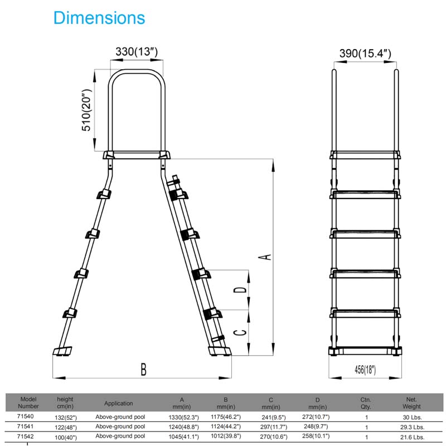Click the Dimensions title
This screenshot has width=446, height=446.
tap(99, 18)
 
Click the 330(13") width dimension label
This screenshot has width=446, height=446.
tap(137, 52)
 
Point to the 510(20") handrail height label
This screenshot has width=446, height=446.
tap(86, 110)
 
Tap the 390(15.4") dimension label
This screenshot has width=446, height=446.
tap(365, 53)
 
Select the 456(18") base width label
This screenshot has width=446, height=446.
tap(365, 370)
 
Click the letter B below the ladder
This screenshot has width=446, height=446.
tap(144, 369)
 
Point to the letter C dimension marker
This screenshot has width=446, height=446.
tap(240, 332)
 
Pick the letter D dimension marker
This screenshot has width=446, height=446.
tap(240, 289)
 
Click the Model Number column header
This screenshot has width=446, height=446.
tap(28, 403)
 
